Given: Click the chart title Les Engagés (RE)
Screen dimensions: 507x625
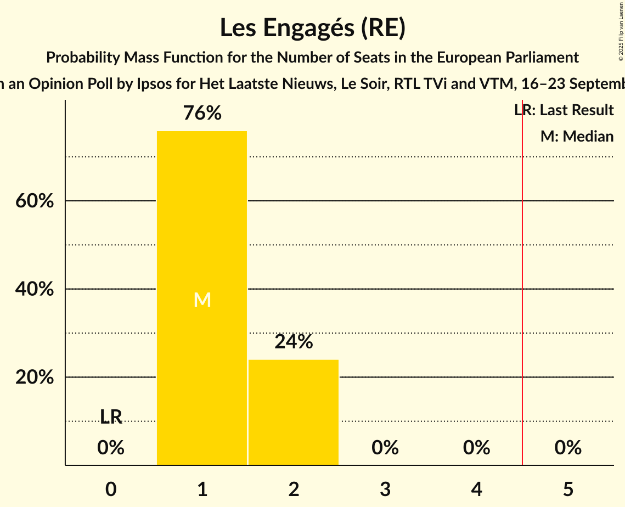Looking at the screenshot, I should click(312, 28).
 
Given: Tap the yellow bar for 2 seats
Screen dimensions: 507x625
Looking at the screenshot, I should click(294, 412).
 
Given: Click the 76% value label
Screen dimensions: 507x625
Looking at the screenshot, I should click(202, 114).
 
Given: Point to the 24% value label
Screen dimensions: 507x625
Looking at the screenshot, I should click(294, 342).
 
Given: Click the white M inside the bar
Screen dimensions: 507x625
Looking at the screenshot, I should click(202, 300).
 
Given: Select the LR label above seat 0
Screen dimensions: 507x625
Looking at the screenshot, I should click(111, 417).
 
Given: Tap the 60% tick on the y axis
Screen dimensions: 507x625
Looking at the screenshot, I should click(34, 201).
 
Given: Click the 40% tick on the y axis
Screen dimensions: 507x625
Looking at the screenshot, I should click(34, 289).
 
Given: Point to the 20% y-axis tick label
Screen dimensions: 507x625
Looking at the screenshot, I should click(34, 378).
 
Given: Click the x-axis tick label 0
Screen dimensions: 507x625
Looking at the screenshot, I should click(111, 489).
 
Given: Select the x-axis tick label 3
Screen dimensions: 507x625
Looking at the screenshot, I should click(385, 489).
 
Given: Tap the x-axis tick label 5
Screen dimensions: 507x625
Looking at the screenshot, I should click(568, 489).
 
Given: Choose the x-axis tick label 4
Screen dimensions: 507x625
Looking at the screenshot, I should click(476, 489).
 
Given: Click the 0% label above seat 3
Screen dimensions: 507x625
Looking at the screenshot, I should click(385, 448).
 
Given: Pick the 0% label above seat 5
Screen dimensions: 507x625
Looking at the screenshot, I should click(568, 448).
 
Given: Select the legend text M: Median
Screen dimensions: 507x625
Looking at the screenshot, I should click(577, 136).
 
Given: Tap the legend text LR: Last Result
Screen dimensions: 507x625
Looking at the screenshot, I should click(564, 110).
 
